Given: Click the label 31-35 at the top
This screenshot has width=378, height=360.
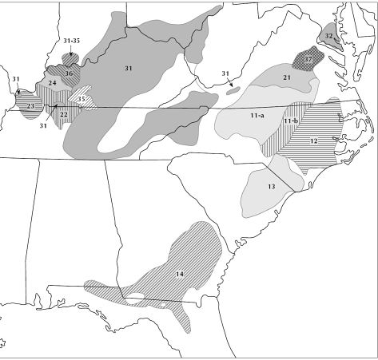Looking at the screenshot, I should click(70, 41).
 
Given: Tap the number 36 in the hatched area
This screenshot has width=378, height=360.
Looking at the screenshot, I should click(69, 73).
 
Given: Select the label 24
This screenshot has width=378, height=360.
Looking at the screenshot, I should click(51, 83).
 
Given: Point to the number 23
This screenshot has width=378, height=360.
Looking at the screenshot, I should click(30, 106).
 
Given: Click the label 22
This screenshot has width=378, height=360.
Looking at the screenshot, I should click(63, 114).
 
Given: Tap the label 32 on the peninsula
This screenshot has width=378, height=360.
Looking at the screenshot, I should click(328, 36).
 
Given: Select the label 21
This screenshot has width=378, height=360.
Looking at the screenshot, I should click(285, 77).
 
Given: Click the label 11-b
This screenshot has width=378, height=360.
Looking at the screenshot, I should click(291, 121).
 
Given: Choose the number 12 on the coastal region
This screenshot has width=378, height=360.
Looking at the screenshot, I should click(314, 140).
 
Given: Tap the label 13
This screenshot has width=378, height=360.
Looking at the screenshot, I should click(272, 186).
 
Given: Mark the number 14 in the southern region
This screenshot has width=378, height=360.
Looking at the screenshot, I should click(180, 275).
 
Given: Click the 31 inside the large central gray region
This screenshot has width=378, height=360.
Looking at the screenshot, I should click(127, 69).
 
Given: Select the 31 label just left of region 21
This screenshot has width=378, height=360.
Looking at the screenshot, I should click(225, 75).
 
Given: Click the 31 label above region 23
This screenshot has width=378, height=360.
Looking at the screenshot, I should click(15, 78).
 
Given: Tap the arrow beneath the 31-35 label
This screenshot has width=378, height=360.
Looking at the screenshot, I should click(70, 52).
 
